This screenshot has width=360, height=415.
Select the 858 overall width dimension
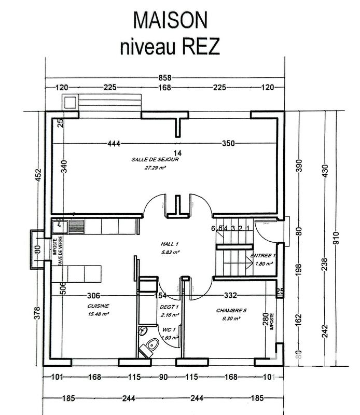click(164, 78)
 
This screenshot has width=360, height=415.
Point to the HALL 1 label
click(169, 244)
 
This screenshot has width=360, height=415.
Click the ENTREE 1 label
click(264, 256)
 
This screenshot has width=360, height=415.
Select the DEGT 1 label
click(169, 307)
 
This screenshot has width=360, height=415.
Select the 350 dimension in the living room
click(228, 143)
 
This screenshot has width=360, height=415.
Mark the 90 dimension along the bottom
click(163, 378)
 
